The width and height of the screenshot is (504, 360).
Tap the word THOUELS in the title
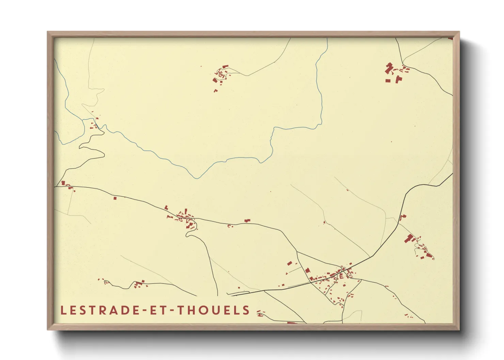pos(214,310)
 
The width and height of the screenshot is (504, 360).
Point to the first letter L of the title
pos(63,310)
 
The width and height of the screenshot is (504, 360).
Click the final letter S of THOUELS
pos(247,310)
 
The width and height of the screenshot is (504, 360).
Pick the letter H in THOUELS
pos(191,310)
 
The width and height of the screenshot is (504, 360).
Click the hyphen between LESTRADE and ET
pos(144,311)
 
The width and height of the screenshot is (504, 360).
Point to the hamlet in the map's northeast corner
pos(395,72)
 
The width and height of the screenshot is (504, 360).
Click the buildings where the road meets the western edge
pos(66,185)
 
